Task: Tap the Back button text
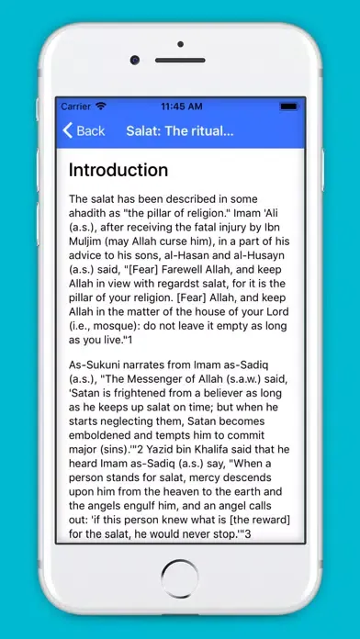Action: click(90, 131)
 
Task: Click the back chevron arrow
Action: click(67, 131)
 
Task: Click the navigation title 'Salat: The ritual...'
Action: click(180, 131)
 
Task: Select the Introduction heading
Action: click(118, 170)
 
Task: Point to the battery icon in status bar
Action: click(287, 106)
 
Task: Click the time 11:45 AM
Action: click(180, 106)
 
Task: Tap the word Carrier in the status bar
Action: click(75, 106)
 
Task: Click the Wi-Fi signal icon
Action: click(100, 106)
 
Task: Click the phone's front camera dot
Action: click(134, 60)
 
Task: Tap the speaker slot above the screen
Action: click(180, 60)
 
